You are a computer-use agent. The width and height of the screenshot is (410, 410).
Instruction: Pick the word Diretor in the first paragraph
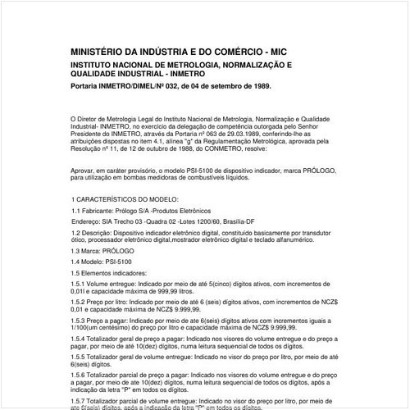(93, 119)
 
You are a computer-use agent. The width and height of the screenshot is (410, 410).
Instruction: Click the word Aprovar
(84, 171)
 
